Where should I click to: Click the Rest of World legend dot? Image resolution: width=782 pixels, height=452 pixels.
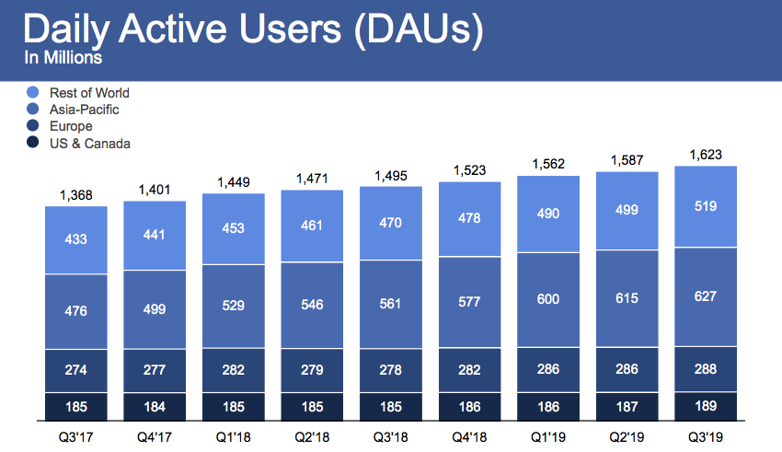pyautogui.click(x=33, y=92)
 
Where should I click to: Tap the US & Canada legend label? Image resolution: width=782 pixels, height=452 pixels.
pyautogui.click(x=89, y=143)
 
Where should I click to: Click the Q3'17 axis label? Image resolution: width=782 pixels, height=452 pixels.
pyautogui.click(x=75, y=435)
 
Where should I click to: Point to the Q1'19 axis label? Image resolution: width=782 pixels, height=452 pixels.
pyautogui.click(x=548, y=435)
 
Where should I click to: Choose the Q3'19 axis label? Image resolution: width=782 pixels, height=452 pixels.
pyautogui.click(x=707, y=435)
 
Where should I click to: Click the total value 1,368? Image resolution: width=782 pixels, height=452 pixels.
pyautogui.click(x=76, y=194)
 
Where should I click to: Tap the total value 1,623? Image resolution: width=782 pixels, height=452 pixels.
pyautogui.click(x=707, y=154)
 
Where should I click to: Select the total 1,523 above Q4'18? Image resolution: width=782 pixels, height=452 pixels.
pyautogui.click(x=470, y=170)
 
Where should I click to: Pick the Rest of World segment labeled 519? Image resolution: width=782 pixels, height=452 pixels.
pyautogui.click(x=707, y=207)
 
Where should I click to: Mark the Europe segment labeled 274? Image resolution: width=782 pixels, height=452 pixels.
pyautogui.click(x=76, y=371)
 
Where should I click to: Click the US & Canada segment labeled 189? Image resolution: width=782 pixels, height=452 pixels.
pyautogui.click(x=707, y=406)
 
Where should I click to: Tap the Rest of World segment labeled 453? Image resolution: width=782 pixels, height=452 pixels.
pyautogui.click(x=234, y=228)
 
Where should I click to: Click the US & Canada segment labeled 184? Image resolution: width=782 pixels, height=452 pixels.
pyautogui.click(x=155, y=406)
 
